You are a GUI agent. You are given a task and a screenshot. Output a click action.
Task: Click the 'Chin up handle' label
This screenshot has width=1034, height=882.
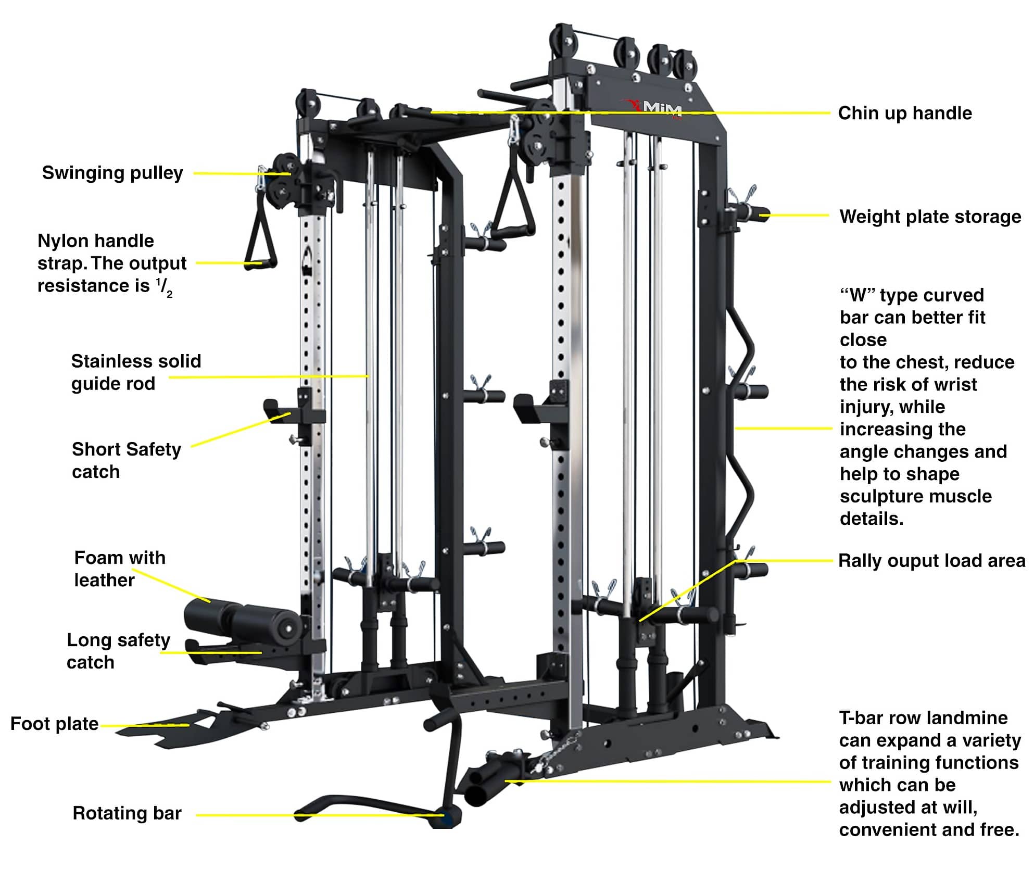[x=904, y=113]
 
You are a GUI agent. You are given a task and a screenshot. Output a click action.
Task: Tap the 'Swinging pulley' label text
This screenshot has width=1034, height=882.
[x=112, y=173]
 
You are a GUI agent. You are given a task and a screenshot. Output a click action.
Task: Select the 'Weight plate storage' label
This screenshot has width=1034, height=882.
[x=930, y=217]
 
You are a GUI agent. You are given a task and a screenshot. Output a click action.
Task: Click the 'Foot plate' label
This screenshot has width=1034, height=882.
[x=54, y=724]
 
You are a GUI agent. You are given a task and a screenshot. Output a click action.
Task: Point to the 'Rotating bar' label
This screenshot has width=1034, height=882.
[x=127, y=813]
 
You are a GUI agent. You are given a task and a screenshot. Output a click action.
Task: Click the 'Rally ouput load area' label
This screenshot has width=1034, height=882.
[x=931, y=561]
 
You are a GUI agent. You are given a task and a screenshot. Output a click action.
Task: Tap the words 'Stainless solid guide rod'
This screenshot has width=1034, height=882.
[x=135, y=372]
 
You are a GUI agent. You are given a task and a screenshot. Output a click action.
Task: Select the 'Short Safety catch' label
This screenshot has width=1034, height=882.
[x=126, y=460]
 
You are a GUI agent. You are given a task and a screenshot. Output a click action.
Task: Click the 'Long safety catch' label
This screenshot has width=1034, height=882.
[x=118, y=651]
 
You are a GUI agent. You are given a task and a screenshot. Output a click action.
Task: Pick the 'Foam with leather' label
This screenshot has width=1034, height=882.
[x=119, y=569]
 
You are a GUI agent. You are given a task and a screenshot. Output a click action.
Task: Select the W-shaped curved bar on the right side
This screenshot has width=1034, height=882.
[x=746, y=417]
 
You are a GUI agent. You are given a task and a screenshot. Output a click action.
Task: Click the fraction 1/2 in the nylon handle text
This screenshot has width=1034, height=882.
[x=164, y=287]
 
